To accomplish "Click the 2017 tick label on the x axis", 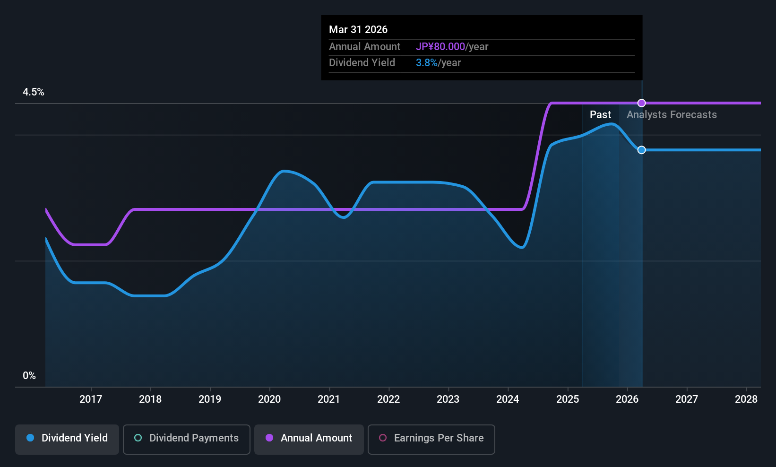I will (90, 399).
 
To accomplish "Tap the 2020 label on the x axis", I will (269, 399).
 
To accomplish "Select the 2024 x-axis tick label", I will (508, 399).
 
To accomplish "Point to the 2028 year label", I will (746, 399).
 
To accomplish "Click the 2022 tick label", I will (388, 399).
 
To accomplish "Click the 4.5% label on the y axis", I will (34, 92).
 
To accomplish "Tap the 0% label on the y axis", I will (29, 376).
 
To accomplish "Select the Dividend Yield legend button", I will (67, 438).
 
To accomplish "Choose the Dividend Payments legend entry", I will (186, 438).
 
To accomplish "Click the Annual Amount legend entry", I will (309, 438).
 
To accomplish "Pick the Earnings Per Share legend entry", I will (431, 438).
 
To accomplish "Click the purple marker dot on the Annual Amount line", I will (641, 103).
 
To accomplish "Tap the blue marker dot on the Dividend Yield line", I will (641, 150).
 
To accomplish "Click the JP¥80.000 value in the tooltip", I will (440, 47).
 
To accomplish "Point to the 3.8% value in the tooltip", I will (427, 63).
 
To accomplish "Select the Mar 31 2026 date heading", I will (358, 30).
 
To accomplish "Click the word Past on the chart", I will (600, 115).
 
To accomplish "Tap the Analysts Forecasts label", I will (672, 115).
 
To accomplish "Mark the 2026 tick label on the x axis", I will (627, 399).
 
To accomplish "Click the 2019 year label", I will (210, 399).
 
